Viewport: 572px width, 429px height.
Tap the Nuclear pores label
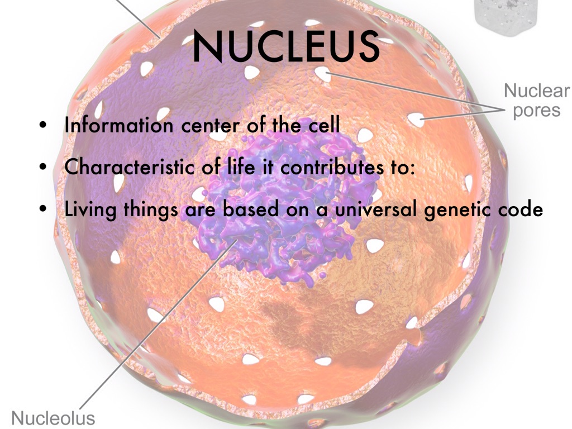coord(536,100)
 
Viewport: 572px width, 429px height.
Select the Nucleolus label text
coord(53,418)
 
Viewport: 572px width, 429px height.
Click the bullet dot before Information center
coord(44,126)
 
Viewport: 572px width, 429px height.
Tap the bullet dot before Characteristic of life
coord(44,168)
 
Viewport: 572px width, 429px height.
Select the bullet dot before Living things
coord(44,209)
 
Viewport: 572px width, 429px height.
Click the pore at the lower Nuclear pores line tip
coord(415,119)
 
